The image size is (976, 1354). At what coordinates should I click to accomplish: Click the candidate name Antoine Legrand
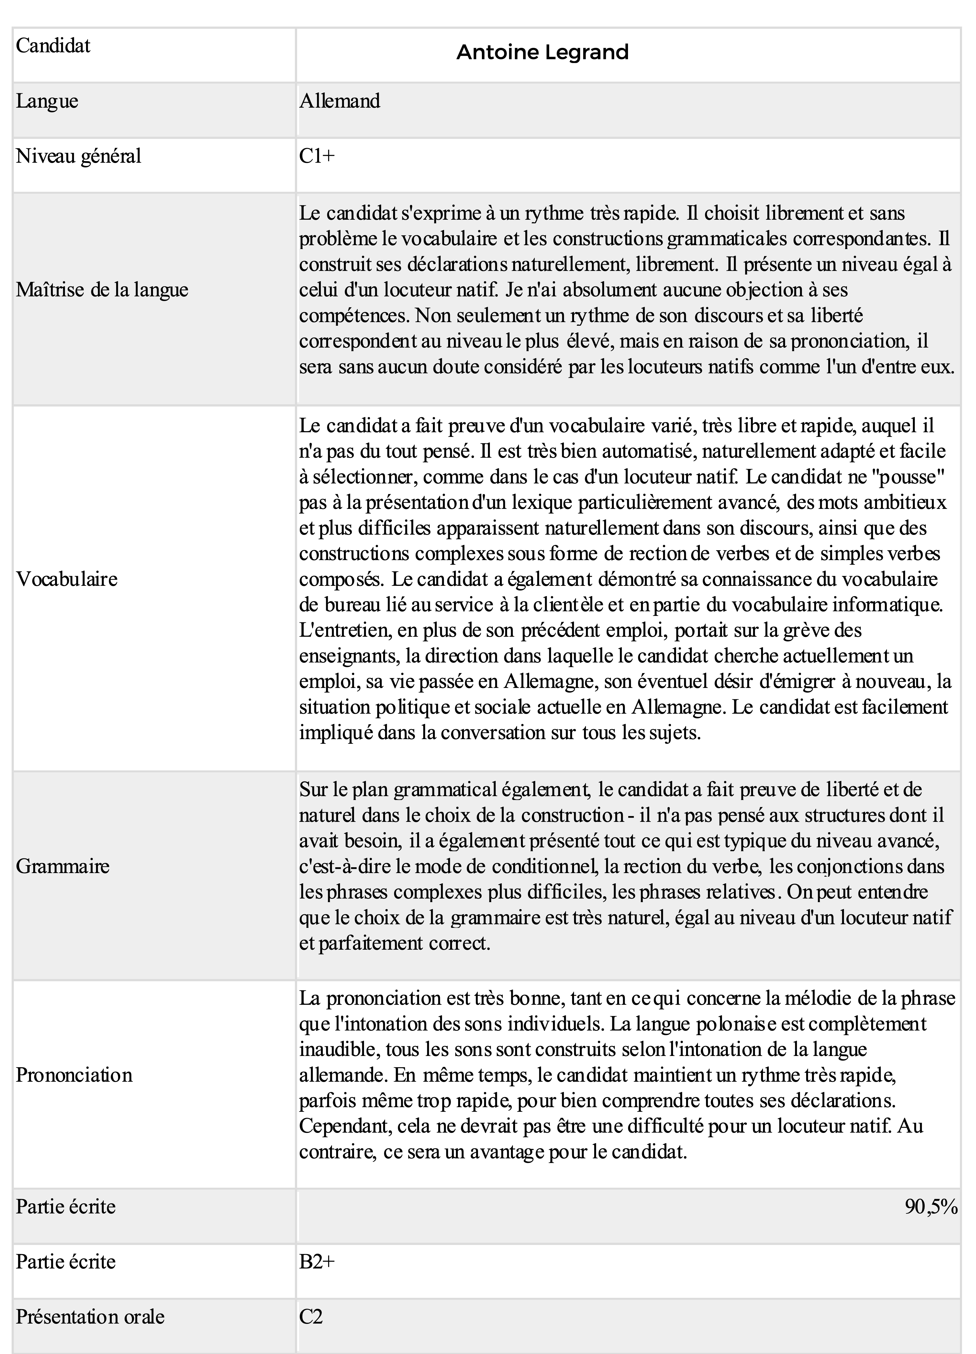542,53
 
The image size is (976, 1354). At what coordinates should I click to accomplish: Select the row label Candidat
53,46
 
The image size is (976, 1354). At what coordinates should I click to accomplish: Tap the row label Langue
47,101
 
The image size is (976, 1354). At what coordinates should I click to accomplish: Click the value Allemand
340,101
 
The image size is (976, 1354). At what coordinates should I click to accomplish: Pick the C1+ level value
317,156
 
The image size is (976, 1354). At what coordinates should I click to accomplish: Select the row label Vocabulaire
67,579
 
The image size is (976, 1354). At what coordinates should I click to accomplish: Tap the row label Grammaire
63,866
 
